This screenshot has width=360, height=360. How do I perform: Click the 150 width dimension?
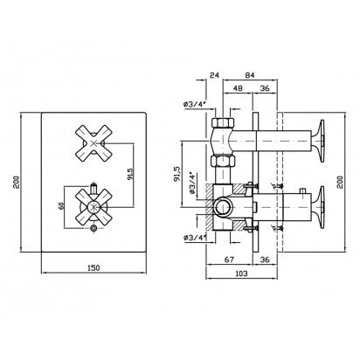point(93,267)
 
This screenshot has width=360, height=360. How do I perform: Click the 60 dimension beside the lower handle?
point(61,206)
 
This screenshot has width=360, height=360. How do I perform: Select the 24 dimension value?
point(214,75)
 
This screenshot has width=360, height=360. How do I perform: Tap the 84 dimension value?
point(250,75)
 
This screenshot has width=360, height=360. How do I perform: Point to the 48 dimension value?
point(238,88)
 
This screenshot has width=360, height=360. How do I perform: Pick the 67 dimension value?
point(229,260)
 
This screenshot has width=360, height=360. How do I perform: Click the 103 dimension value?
point(241,273)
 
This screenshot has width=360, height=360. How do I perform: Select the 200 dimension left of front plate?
point(17,182)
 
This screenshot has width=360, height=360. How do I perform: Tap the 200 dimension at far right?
point(340,182)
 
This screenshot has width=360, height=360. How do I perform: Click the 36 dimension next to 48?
point(265,88)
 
